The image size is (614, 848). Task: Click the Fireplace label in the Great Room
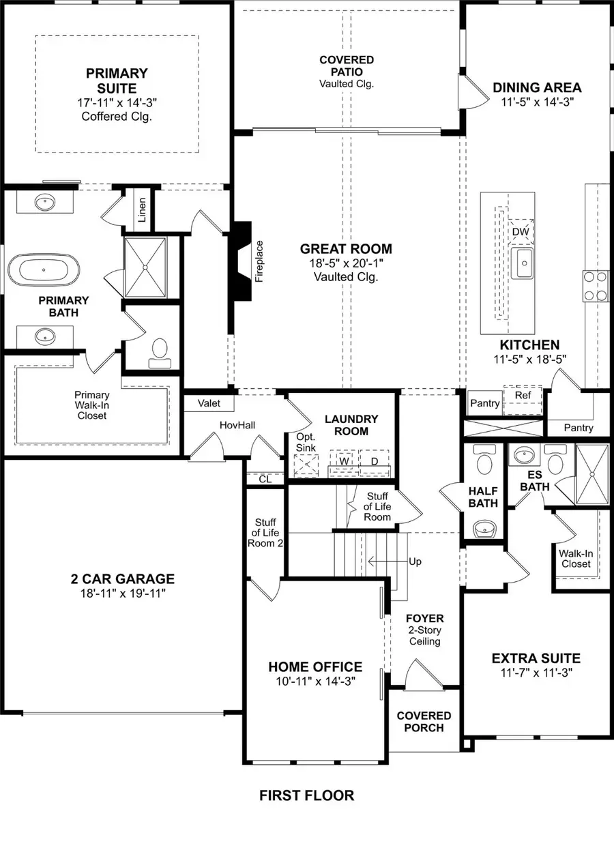(259, 261)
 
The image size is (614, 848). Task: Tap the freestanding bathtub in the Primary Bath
(44, 269)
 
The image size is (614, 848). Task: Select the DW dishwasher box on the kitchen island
(521, 232)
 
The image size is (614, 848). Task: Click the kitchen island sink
(524, 263)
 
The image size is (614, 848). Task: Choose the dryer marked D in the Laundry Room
(374, 461)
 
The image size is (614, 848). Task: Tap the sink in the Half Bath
(484, 527)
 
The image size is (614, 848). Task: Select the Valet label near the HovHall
(209, 403)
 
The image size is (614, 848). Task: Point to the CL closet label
(265, 479)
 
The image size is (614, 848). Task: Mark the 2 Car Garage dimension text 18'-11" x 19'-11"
(123, 594)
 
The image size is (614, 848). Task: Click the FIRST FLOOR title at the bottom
(306, 795)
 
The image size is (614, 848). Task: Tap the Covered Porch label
(424, 721)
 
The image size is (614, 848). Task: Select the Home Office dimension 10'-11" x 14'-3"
(315, 680)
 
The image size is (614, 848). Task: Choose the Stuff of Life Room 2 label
(265, 532)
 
